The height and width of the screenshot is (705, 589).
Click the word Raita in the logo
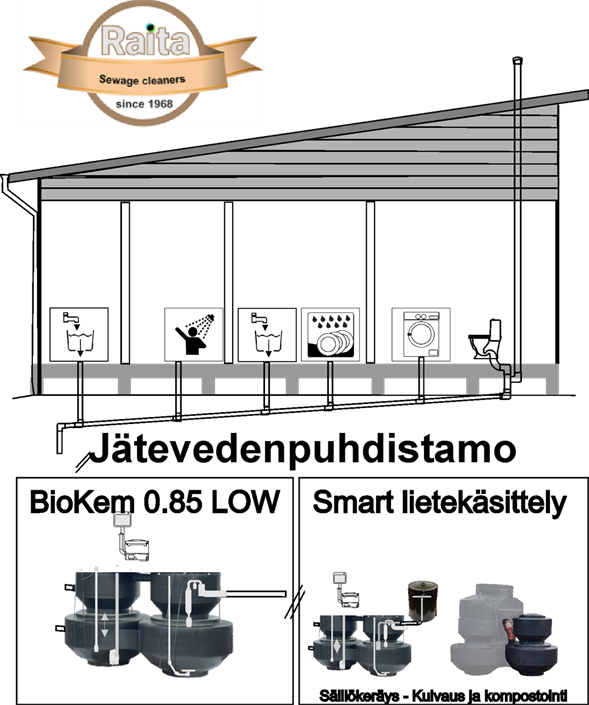point(145,40)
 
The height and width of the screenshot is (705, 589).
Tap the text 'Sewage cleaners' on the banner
point(142,80)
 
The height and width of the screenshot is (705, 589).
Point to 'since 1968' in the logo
point(144,104)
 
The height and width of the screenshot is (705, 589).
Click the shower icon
point(194,334)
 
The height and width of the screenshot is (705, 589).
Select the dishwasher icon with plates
point(330,334)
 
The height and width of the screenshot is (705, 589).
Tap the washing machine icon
point(421,334)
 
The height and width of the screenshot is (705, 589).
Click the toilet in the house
point(486,339)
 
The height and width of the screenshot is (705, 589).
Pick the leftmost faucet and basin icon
point(79,334)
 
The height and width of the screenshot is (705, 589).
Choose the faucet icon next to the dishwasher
point(267,334)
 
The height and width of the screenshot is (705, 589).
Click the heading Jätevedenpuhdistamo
point(303,449)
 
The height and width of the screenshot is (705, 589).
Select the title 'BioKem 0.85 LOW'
point(155,502)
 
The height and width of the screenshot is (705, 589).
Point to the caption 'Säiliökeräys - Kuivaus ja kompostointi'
point(443,695)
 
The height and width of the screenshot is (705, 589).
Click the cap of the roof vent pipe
point(518,60)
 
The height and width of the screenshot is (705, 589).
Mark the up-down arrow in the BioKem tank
point(105,625)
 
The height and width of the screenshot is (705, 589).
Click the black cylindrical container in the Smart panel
point(423,602)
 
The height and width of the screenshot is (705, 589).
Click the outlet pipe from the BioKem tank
point(255,594)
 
